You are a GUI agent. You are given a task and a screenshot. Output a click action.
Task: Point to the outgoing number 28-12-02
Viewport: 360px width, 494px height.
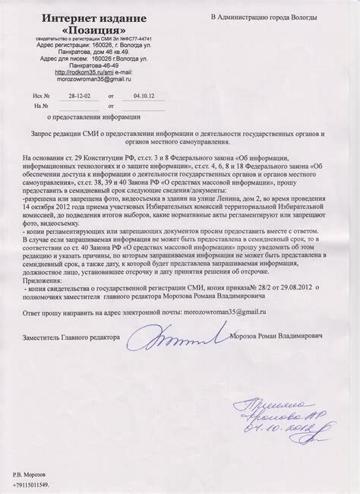pos(77,97)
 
